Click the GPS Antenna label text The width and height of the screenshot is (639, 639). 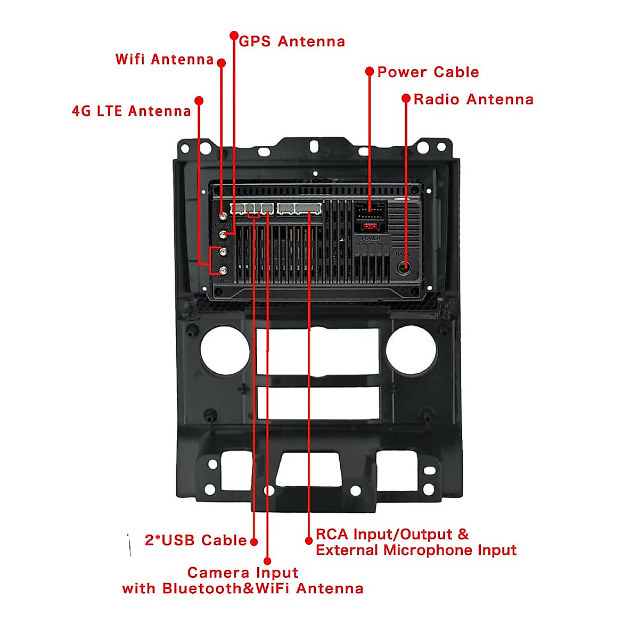point(292,42)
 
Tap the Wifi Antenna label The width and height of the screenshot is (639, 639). point(165,59)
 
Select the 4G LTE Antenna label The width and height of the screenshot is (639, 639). point(131,111)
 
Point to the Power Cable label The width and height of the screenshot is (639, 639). point(428,72)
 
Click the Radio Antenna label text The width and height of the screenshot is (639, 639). point(473,100)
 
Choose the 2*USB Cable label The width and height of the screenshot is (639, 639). point(195,540)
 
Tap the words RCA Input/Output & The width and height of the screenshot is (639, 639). point(392,534)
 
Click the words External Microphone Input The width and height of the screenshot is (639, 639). point(416,550)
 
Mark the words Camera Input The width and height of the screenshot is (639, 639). point(243,572)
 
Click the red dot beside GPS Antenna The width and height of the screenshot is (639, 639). point(234,36)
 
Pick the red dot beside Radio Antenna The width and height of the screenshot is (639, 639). point(406,99)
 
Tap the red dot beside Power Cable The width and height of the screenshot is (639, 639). point(370,71)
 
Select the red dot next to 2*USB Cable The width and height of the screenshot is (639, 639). point(254,542)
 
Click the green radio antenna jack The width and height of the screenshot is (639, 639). point(404,267)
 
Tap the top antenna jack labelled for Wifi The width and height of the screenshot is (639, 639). point(223,217)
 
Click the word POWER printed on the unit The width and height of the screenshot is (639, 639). point(371,238)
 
